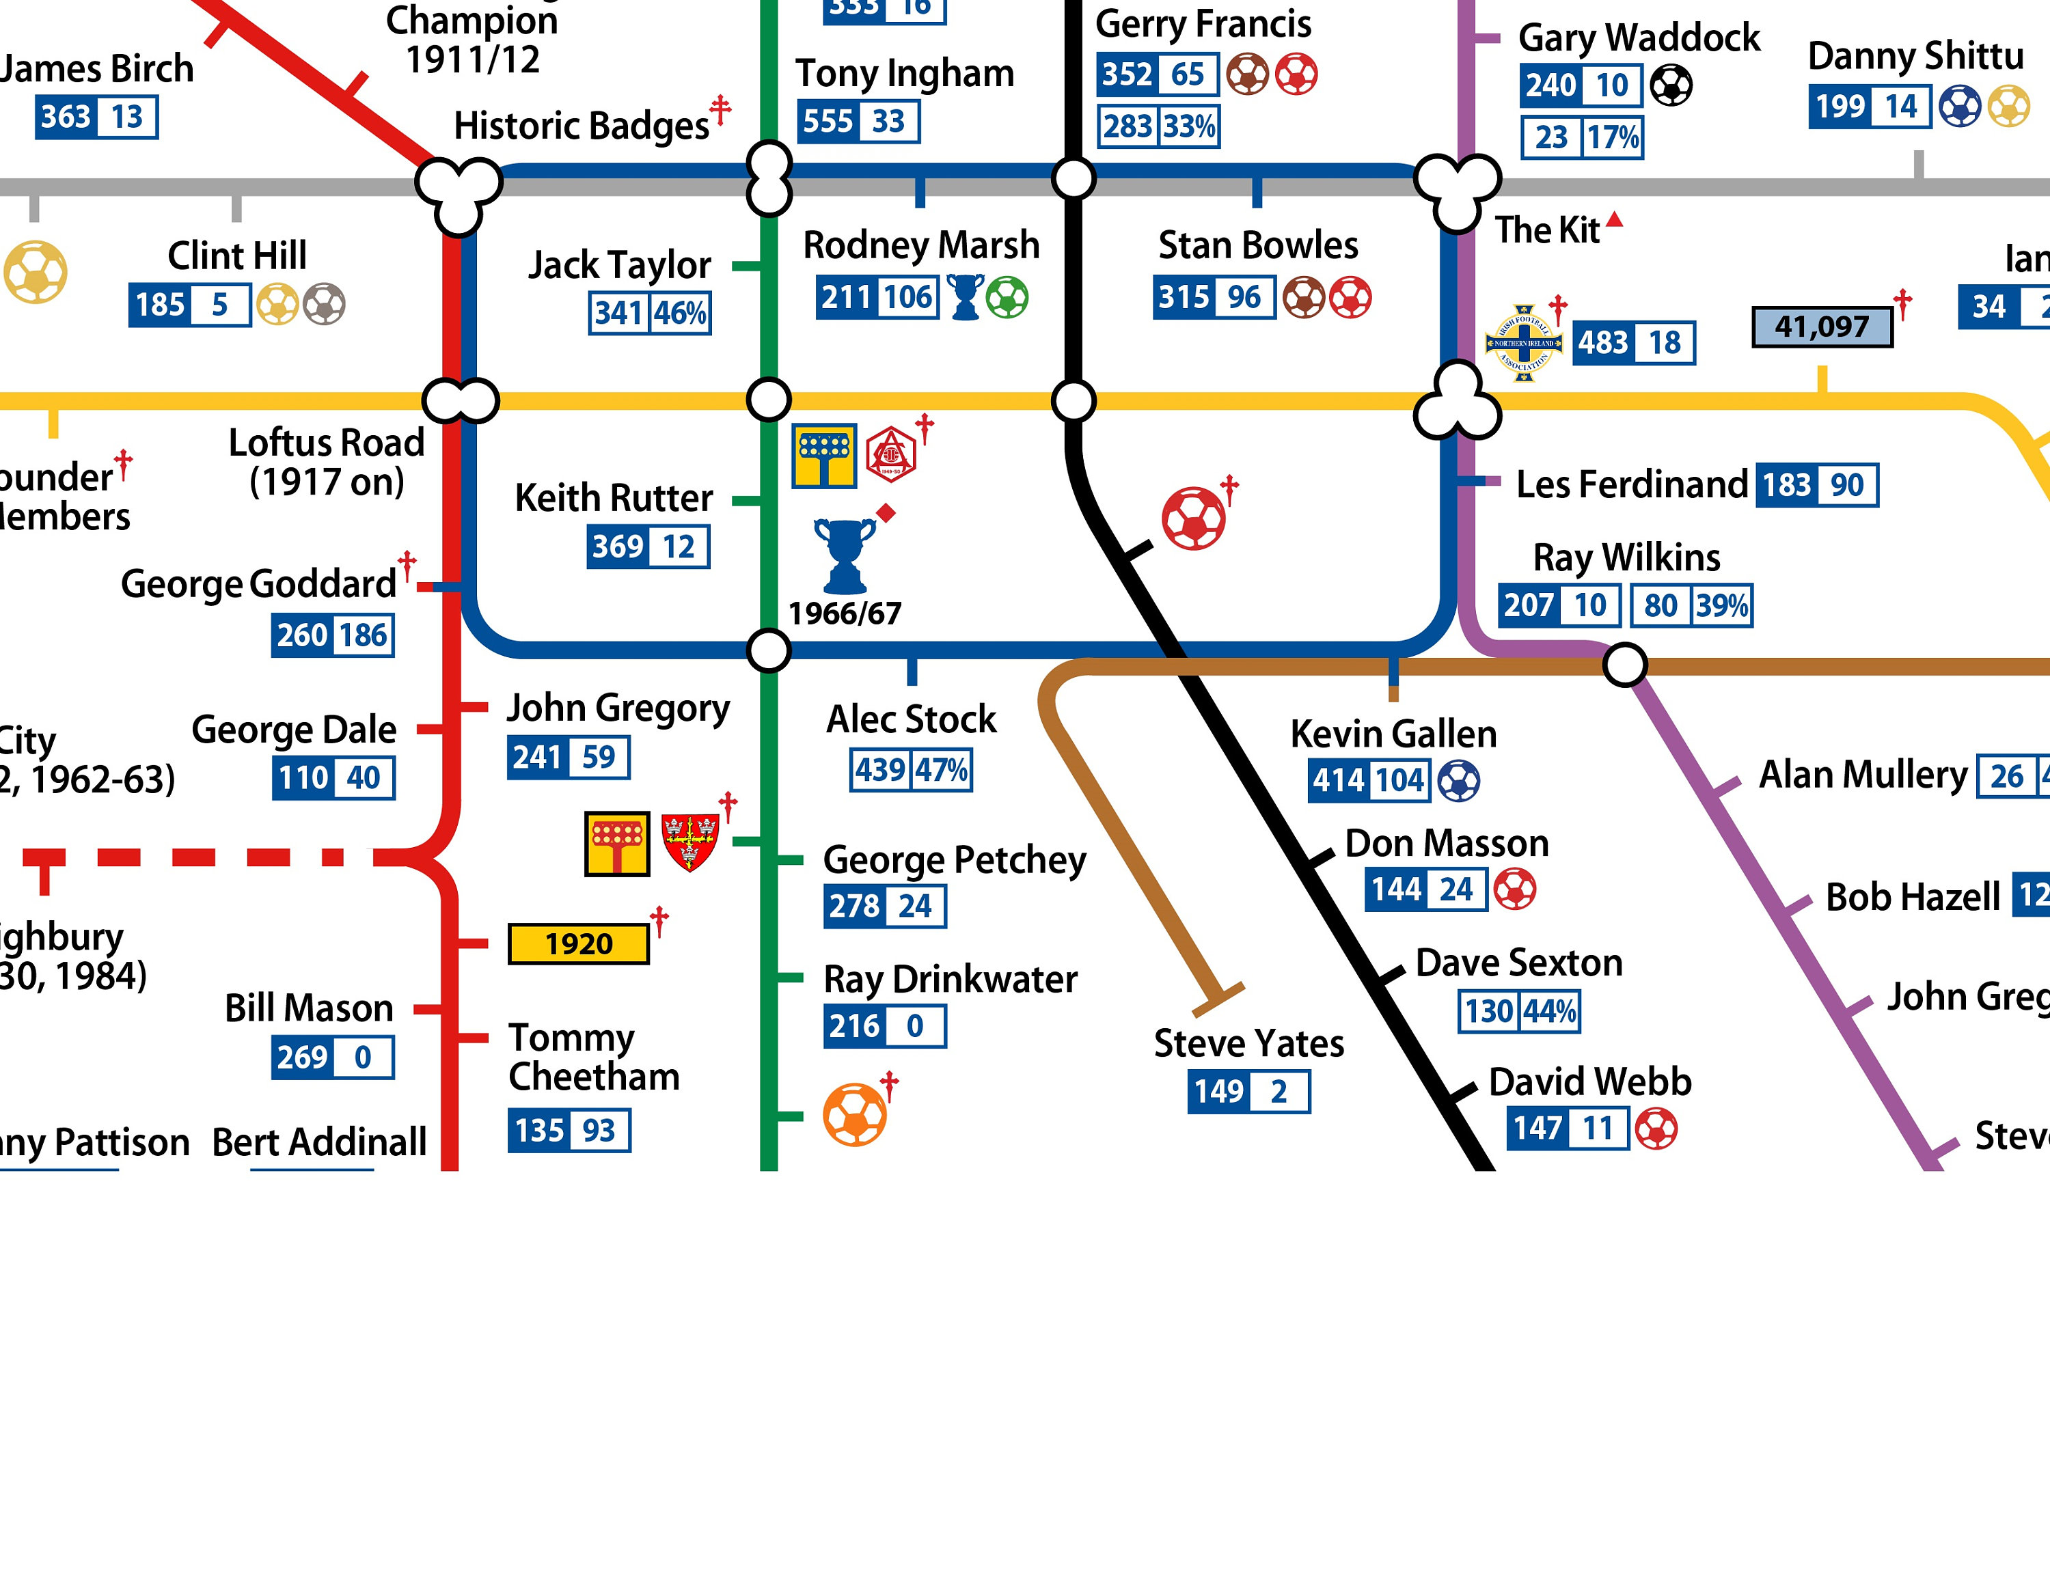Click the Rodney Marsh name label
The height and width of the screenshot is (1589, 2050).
(921, 245)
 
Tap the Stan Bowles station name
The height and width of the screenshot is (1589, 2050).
(1258, 245)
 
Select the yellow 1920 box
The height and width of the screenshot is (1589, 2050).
(578, 943)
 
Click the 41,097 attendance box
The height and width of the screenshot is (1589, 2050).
(1822, 327)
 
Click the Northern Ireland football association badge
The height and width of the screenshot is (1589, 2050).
(1523, 342)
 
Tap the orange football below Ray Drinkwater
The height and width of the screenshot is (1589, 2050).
(854, 1115)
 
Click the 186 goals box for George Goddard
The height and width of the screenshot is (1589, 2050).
(364, 635)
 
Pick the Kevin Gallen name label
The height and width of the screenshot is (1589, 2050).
(1393, 734)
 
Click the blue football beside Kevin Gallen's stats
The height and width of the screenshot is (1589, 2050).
(1459, 781)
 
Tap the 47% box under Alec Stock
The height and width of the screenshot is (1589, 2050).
(942, 771)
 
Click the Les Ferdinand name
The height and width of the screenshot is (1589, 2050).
(1631, 485)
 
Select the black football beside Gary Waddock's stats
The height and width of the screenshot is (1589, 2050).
(1671, 86)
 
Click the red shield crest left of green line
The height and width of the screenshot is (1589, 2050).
(690, 842)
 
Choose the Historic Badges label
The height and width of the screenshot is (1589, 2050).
(581, 126)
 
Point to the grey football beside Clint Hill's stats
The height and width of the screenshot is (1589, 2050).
(324, 304)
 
